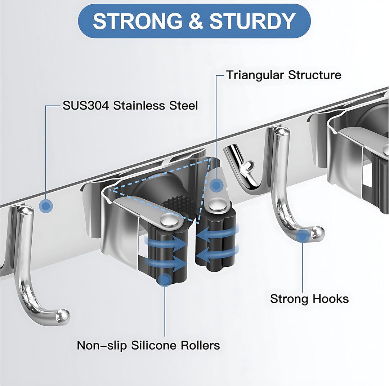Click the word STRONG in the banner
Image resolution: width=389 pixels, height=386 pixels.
coord(138,21)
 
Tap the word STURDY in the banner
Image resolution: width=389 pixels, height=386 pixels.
coord(252,21)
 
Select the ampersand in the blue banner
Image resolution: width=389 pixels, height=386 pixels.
coord(196,21)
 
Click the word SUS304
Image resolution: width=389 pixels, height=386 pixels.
coord(86,106)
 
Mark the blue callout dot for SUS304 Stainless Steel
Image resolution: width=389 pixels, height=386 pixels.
coord(46,206)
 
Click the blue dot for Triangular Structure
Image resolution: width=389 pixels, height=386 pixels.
coord(216,185)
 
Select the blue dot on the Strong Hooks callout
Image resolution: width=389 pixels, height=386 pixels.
coord(303,236)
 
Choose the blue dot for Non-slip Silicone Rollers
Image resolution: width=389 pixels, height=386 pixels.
coord(165,280)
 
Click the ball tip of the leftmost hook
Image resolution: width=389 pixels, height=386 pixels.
coord(63,316)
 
